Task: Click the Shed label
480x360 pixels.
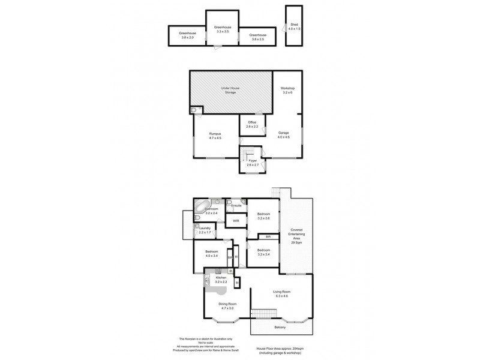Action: coord(293,26)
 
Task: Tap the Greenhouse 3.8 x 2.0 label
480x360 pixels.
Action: coord(188,35)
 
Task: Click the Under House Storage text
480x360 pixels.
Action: coord(231,90)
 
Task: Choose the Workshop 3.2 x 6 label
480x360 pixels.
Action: coord(287,91)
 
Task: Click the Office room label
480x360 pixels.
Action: coord(252,124)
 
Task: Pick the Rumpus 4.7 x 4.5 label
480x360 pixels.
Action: coord(215,136)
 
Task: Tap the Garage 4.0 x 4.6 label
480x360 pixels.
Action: coord(283,136)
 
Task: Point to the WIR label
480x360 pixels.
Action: coord(237,221)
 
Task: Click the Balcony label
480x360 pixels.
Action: coord(280,327)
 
